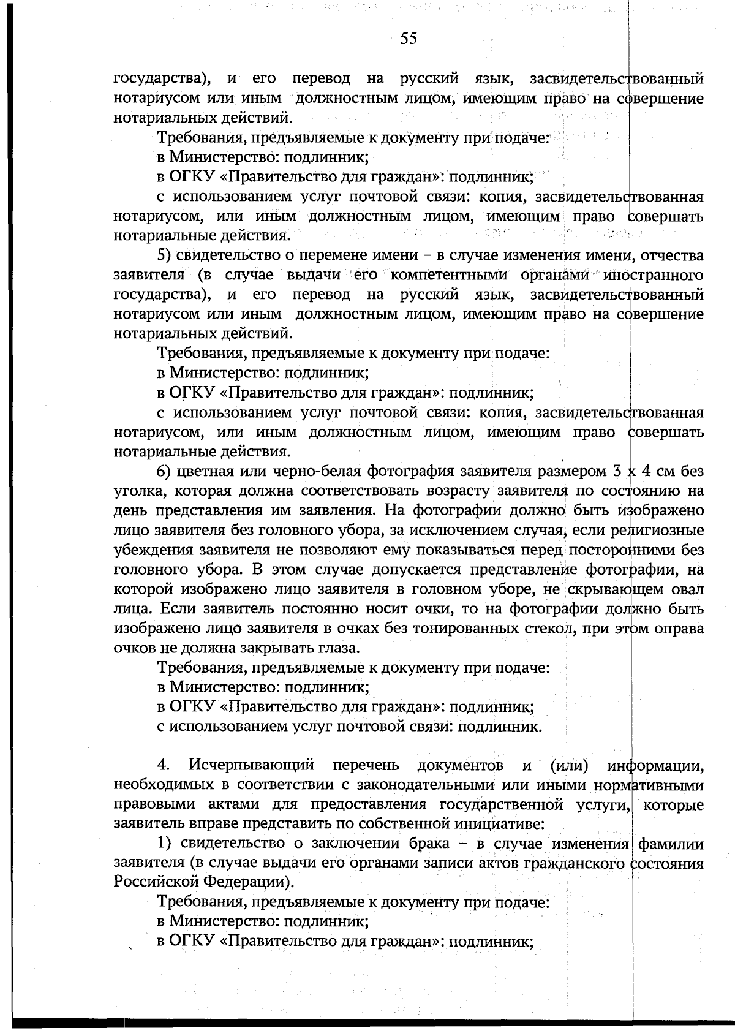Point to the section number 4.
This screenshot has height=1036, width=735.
[163, 765]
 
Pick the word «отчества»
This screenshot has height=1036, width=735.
[672, 255]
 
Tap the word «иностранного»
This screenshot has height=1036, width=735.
[653, 275]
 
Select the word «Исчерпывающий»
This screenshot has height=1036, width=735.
[252, 765]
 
